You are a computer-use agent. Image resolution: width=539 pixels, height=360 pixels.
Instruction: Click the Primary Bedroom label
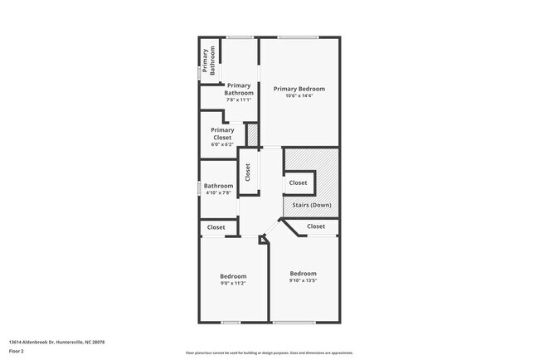299,89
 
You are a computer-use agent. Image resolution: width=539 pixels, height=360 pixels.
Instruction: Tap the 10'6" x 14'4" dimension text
299,95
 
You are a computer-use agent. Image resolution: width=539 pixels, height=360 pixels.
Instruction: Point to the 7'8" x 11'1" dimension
239,100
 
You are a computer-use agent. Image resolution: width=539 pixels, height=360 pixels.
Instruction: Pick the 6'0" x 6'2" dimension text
222,144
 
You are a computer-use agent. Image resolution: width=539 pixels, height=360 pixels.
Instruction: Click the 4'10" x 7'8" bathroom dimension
219,192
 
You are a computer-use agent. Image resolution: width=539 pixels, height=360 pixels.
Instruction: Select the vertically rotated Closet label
247,172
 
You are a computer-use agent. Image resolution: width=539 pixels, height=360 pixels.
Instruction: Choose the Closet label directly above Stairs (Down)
298,182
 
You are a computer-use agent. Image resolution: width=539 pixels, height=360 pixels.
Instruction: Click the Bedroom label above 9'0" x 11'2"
232,276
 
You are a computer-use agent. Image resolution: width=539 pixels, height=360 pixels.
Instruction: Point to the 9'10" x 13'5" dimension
303,280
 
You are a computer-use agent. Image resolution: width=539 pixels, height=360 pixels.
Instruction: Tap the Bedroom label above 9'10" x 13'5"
303,273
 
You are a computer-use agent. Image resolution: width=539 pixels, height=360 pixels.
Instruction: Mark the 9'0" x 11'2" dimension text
232,284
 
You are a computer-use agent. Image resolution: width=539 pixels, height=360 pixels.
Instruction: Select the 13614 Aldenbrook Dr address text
56,342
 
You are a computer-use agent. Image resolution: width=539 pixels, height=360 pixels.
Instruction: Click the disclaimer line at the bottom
269,353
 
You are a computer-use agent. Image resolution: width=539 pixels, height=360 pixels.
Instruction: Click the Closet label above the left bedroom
216,227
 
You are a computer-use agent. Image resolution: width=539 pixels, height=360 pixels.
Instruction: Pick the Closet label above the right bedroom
316,226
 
